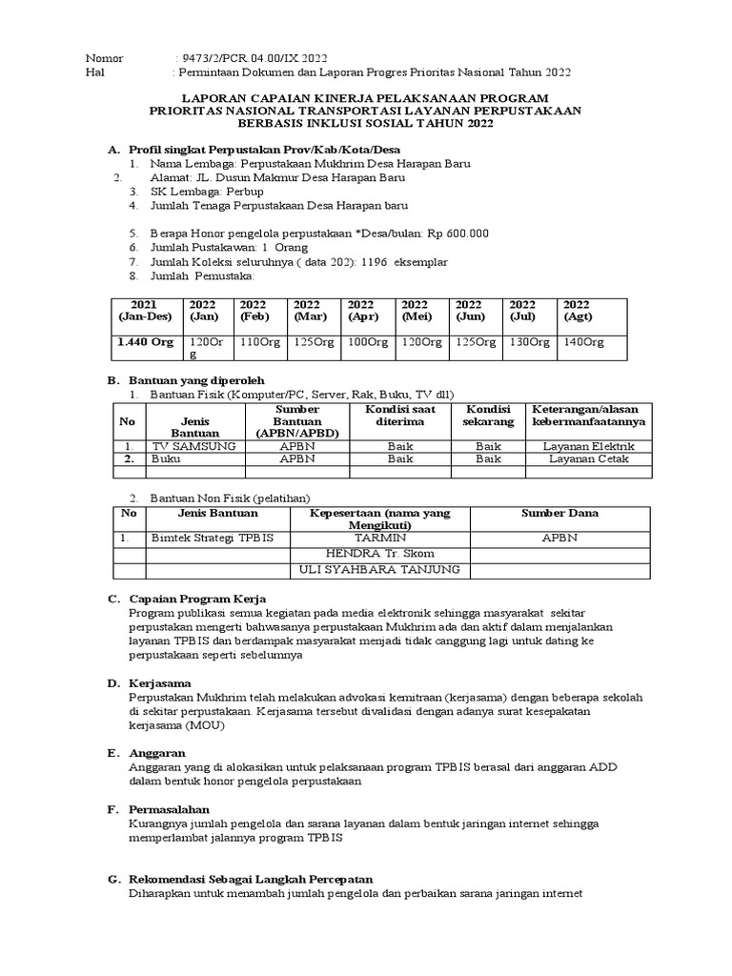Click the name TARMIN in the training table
click(380, 538)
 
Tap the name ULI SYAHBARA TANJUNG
click(380, 570)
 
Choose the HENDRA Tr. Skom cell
click(380, 554)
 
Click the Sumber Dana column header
click(559, 513)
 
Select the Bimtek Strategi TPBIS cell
click(212, 538)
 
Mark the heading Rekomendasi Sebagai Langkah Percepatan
click(251, 878)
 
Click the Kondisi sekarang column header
click(489, 415)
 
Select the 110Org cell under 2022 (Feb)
click(261, 342)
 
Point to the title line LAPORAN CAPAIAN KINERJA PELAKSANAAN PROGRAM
click(365, 98)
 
